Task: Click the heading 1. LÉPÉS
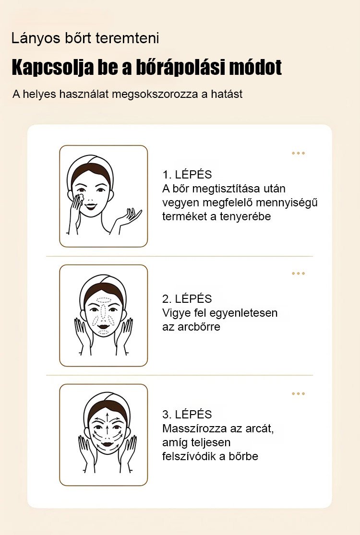tap(187, 174)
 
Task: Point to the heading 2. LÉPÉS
tap(187, 298)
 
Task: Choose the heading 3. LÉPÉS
tap(187, 414)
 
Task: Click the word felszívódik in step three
tap(189, 456)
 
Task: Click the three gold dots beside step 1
tap(298, 153)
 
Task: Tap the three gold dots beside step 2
tap(298, 273)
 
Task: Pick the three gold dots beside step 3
tap(298, 393)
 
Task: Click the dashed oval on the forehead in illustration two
tap(103, 300)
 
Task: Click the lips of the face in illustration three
tap(108, 445)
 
